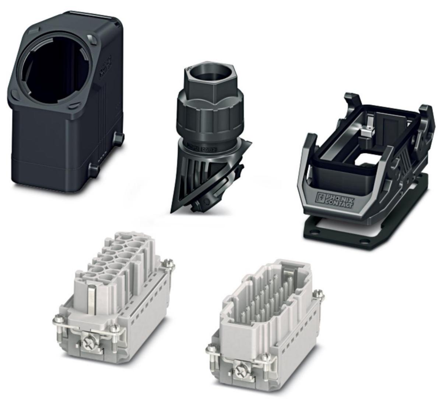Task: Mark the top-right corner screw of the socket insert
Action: (x=170, y=264)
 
